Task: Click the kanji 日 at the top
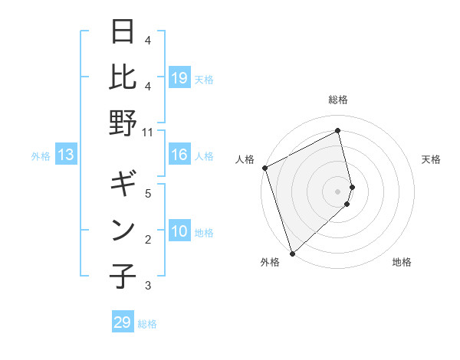(123, 33)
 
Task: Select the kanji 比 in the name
(123, 77)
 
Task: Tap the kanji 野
(123, 122)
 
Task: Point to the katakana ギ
(123, 185)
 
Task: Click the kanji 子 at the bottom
(123, 275)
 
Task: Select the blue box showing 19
(179, 77)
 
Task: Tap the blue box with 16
(179, 155)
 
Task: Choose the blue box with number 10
(179, 232)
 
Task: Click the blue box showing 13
(66, 155)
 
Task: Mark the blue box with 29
(123, 322)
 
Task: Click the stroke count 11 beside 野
(147, 131)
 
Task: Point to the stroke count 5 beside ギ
(147, 194)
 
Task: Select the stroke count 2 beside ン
(147, 240)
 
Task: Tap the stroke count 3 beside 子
(147, 286)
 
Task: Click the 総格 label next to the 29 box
(147, 324)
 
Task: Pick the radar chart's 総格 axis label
(338, 100)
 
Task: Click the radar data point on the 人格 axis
(264, 168)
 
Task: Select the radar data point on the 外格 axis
(292, 253)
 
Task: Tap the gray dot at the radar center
(338, 190)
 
